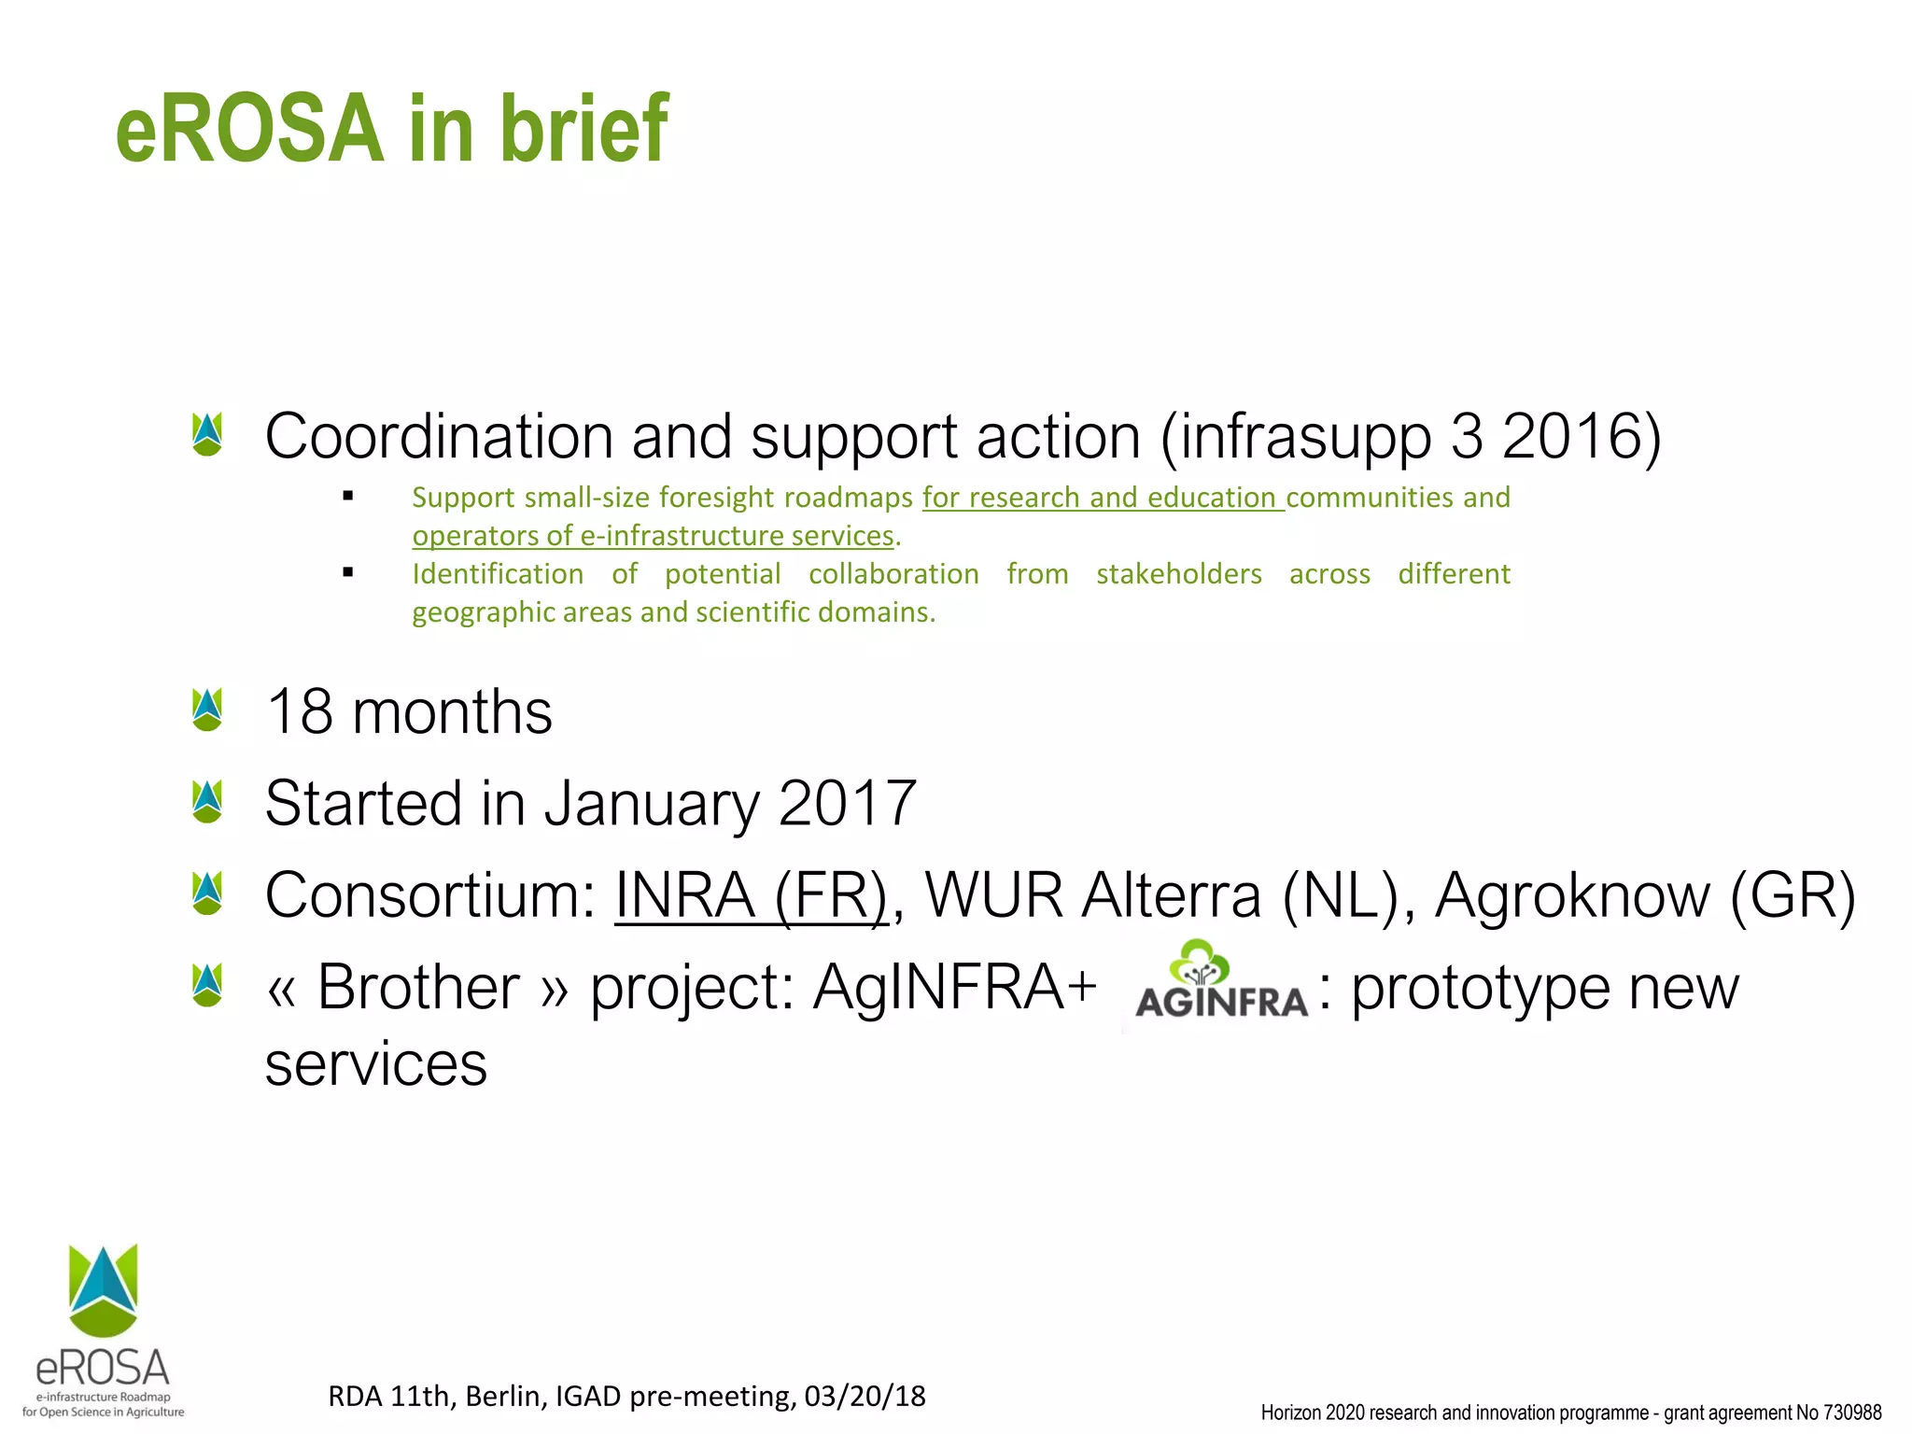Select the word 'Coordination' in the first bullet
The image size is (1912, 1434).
tap(438, 436)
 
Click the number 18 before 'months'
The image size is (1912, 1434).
tap(300, 712)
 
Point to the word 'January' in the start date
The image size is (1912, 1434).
tap(652, 804)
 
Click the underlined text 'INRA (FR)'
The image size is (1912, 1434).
tap(751, 895)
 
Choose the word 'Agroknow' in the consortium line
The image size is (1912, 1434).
tap(1572, 895)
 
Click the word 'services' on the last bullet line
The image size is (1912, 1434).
tap(376, 1064)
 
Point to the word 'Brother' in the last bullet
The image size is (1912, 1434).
tap(418, 988)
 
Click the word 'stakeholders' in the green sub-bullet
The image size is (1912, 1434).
tap(1178, 573)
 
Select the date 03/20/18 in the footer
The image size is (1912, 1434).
tap(865, 1396)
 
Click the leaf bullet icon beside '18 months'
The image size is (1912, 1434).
tap(207, 710)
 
